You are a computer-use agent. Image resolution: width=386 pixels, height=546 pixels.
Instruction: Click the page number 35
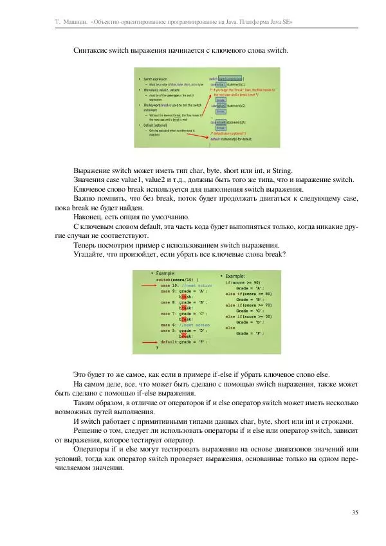tap(355, 512)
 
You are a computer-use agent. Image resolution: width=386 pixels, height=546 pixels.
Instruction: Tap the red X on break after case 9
tap(183, 296)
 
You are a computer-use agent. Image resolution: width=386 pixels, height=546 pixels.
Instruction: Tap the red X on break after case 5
tap(183, 336)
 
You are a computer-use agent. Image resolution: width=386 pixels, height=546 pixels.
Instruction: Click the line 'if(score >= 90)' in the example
tap(243, 282)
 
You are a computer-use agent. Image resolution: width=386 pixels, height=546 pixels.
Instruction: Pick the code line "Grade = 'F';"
tap(250, 333)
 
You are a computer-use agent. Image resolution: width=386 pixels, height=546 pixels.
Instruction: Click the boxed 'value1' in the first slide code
tap(219, 84)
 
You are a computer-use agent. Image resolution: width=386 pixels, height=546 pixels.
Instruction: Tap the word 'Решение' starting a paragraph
tap(89, 430)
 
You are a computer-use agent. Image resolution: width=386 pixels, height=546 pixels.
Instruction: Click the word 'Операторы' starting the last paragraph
tap(93, 448)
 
